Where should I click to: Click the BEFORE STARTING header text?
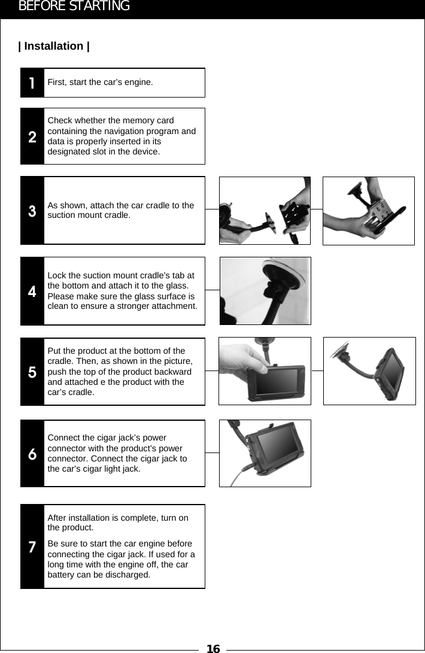coord(74,7)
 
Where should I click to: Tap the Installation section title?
coord(54,46)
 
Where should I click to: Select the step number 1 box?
coord(32,83)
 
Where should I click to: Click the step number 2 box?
coord(32,136)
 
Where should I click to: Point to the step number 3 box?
coord(32,211)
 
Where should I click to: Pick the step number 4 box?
coord(32,291)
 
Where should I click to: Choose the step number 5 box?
coord(32,372)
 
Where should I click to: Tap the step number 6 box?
coord(32,454)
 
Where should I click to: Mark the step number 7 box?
coord(32,546)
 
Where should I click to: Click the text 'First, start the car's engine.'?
coord(100,82)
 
